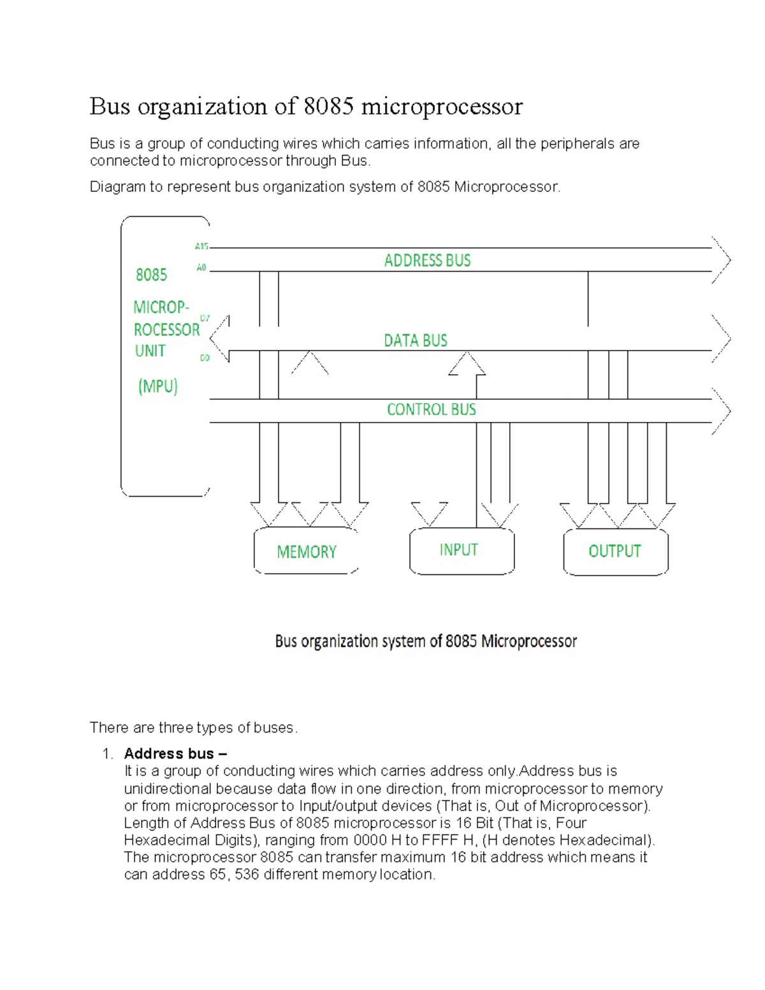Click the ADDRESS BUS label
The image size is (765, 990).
click(x=427, y=260)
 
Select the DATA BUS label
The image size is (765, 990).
click(x=415, y=340)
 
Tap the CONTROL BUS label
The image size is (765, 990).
click(x=431, y=409)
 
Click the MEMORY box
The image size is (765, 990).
click(x=306, y=551)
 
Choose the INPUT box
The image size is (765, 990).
click(x=461, y=550)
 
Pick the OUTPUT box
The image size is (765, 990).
click(x=615, y=551)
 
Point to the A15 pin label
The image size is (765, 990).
click(x=201, y=246)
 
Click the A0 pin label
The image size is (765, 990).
click(x=201, y=268)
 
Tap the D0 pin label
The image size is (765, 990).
click(x=205, y=358)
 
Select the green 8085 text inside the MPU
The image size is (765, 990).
click(x=151, y=275)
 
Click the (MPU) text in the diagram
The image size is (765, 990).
click(x=157, y=386)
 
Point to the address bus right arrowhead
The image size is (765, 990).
click(x=722, y=259)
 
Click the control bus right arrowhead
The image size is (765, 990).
click(x=722, y=411)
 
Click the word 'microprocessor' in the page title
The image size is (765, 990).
click(x=442, y=106)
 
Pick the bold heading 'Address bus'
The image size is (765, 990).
click(x=169, y=753)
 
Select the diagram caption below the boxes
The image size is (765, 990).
click(x=426, y=641)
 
